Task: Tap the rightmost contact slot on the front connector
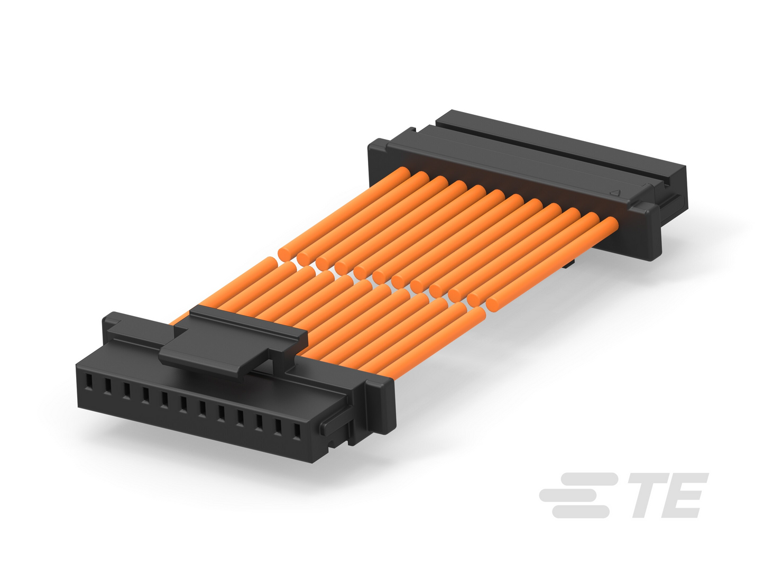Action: click(297, 432)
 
